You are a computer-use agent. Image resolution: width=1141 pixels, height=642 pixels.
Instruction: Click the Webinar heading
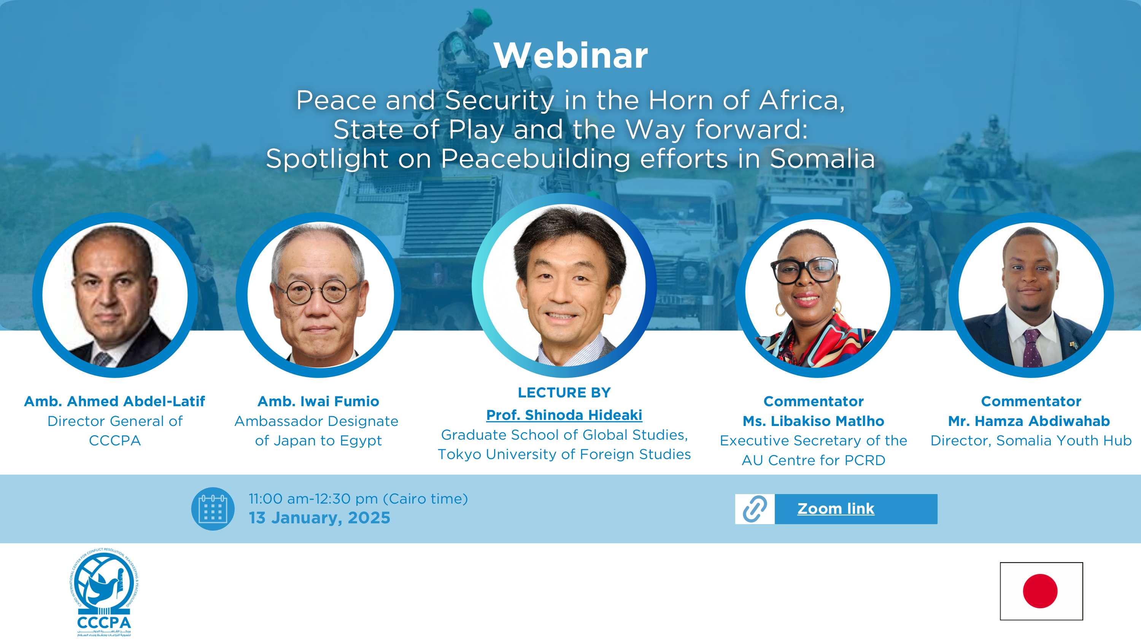point(570,56)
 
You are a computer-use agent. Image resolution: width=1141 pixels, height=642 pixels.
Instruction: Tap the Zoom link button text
point(836,509)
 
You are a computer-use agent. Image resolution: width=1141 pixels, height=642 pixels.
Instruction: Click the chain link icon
point(755,509)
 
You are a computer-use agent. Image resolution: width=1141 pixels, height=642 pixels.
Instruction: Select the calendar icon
point(213,509)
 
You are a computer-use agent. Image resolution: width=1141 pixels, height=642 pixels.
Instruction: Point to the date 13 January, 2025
point(319,518)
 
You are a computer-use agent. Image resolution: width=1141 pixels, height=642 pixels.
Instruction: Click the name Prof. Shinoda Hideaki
point(564,415)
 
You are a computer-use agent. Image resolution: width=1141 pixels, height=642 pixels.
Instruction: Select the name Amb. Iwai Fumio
point(318,401)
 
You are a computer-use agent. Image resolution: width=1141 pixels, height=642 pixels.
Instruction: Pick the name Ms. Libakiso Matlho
point(813,421)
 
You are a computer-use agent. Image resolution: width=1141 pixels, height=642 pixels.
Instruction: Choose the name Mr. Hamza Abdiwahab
point(1029,421)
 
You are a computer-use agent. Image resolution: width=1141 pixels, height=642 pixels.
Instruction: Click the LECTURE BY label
point(564,393)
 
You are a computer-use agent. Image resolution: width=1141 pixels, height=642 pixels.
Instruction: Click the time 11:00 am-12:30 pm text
point(313,499)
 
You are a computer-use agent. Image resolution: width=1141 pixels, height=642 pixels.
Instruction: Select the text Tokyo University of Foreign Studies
point(564,454)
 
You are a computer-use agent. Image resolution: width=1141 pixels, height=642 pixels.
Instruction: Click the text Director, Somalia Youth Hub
point(1031,441)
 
